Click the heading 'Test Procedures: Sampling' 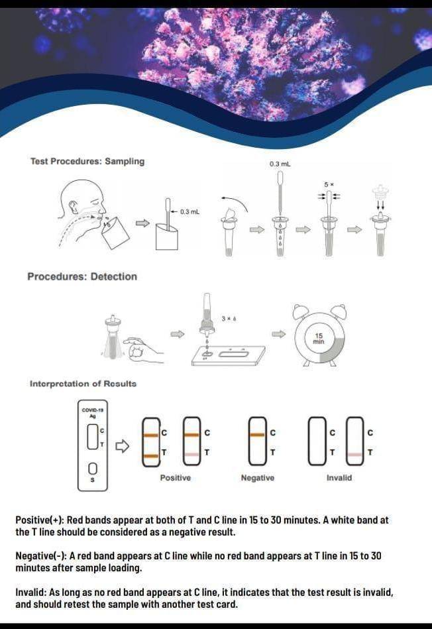[x=87, y=161]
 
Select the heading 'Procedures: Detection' [x=82, y=276]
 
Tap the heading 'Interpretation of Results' [x=83, y=384]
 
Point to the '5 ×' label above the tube [x=327, y=184]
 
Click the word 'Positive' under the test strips [x=175, y=478]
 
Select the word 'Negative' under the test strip [x=257, y=478]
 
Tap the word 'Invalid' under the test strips [x=339, y=478]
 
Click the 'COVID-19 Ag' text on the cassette [x=89, y=412]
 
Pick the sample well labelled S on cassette [x=93, y=468]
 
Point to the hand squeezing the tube [x=142, y=348]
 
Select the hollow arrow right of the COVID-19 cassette [x=121, y=446]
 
